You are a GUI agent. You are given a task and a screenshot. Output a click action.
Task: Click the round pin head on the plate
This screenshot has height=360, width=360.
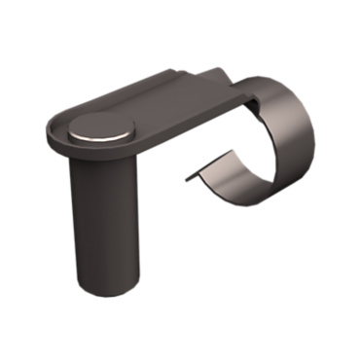[101, 127]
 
